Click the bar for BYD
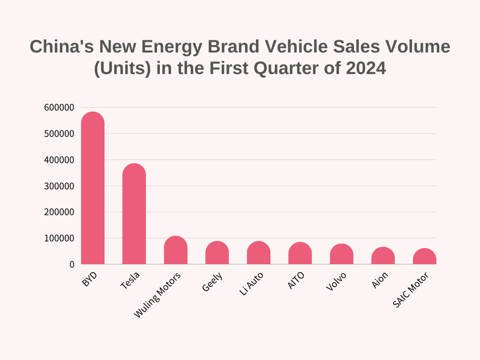click(x=93, y=188)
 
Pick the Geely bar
click(x=217, y=253)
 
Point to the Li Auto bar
click(x=259, y=253)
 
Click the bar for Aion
click(x=383, y=255)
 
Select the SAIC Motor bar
click(x=425, y=256)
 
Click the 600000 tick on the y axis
click(x=59, y=107)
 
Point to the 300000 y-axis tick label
click(x=59, y=186)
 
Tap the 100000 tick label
click(x=59, y=238)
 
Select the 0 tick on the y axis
click(x=72, y=264)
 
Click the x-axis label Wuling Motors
click(x=157, y=295)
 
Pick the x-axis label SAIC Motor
click(x=411, y=290)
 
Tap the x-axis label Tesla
click(x=130, y=280)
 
